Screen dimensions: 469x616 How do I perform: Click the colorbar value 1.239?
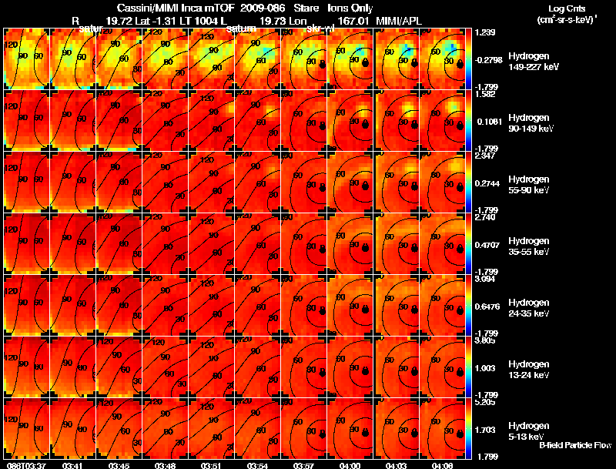484,32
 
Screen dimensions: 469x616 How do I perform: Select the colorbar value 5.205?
484,402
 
